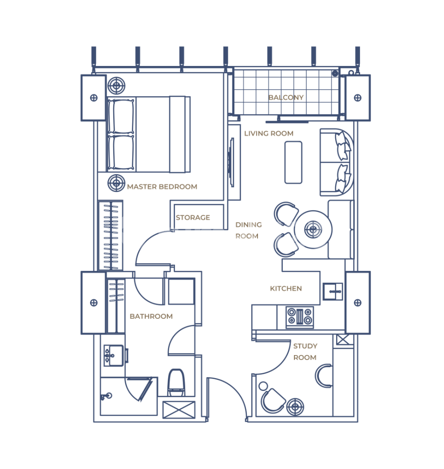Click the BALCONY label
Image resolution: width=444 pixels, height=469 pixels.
286,97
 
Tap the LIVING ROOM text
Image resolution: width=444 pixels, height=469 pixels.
269,134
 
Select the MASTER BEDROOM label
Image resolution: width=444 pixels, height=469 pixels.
162,187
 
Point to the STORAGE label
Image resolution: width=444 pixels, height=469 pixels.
193,217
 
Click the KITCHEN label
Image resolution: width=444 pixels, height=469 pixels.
286,289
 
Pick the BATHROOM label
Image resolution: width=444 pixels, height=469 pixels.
151,316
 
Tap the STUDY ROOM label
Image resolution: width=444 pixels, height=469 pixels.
305,352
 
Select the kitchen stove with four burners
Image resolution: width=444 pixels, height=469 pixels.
300,317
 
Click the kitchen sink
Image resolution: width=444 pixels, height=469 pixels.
333,291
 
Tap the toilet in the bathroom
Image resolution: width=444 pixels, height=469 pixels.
176,382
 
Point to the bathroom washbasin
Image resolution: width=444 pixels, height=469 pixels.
113,356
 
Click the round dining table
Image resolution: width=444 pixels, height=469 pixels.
313,230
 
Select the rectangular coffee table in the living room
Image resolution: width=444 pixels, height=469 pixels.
293,162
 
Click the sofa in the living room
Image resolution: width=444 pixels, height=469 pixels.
337,162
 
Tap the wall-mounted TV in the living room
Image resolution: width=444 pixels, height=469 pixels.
232,163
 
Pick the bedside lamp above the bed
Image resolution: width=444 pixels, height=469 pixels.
116,86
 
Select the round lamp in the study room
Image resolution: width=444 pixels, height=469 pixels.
295,407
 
